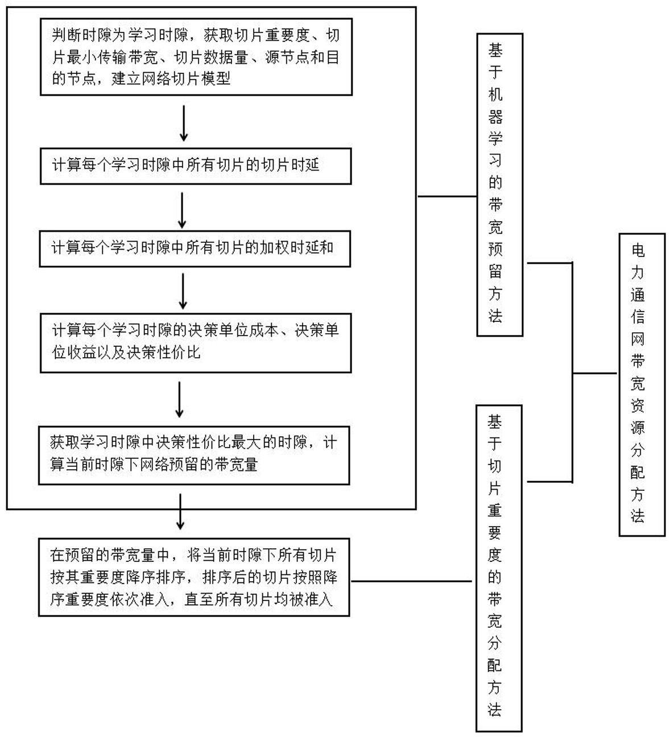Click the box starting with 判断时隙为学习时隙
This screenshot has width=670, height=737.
tap(196, 57)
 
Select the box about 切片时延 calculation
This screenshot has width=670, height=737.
tap(195, 166)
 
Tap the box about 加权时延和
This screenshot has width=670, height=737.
tap(195, 249)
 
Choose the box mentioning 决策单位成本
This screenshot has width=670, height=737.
tap(195, 342)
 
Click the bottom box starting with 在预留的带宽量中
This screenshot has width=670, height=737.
tap(194, 577)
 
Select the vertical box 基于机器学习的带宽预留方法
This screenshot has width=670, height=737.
tap(499, 184)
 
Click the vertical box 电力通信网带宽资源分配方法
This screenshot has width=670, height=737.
tap(641, 384)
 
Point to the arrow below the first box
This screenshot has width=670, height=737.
tap(183, 123)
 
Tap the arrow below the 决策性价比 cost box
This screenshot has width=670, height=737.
tap(179, 400)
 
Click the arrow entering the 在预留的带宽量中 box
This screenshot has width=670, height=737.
tap(180, 512)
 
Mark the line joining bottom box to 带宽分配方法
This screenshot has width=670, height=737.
tap(411, 581)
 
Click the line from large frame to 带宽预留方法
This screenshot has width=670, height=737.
tap(446, 196)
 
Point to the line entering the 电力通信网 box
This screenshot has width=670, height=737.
tap(594, 374)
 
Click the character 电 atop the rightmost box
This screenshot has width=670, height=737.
tap(638, 250)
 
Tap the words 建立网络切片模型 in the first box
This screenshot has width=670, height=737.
tap(171, 78)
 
